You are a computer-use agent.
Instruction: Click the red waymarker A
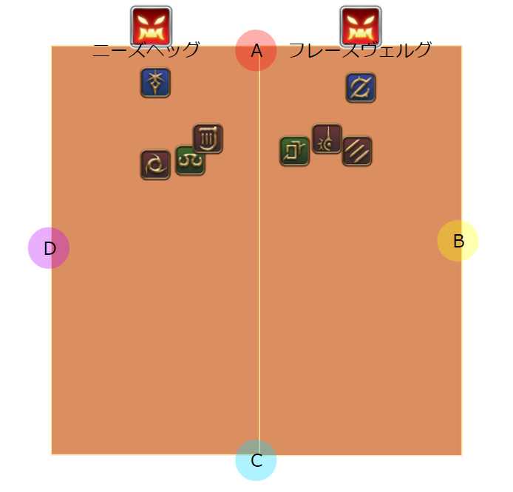[x=256, y=50]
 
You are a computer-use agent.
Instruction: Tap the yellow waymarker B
[x=458, y=241]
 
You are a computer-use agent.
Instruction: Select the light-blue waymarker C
[x=256, y=460]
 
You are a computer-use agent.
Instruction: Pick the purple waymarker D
[x=49, y=248]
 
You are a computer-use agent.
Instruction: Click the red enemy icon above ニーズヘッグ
[x=152, y=26]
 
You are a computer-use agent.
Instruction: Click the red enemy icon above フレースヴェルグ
[x=361, y=26]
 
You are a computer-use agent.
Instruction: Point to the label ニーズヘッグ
[x=146, y=50]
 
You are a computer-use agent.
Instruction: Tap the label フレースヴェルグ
[x=360, y=50]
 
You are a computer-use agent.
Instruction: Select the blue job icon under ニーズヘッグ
[x=155, y=83]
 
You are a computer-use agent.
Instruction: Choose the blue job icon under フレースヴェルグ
[x=361, y=87]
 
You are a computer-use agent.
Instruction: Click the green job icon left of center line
[x=190, y=160]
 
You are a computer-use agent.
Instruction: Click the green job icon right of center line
[x=294, y=151]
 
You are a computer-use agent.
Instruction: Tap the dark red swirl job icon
[x=155, y=165]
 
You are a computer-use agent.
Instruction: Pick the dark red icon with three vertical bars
[x=208, y=138]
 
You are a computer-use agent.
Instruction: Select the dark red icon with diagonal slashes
[x=357, y=151]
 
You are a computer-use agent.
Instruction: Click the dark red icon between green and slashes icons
[x=327, y=138]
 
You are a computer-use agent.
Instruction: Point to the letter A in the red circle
[x=256, y=51]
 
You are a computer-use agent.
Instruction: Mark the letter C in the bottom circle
[x=256, y=461]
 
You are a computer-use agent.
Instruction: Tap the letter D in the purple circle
[x=50, y=249]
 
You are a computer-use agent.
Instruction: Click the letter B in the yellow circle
[x=458, y=241]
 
